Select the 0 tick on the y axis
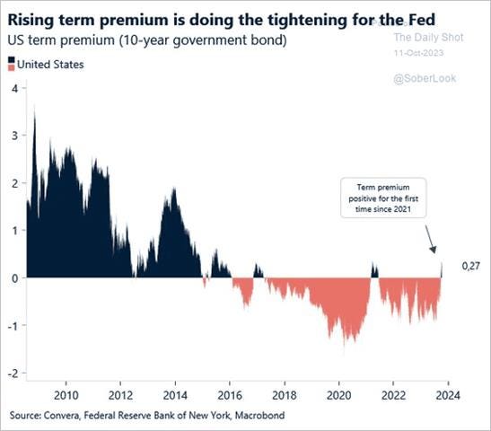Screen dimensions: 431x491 coord(14,277)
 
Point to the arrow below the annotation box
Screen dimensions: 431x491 coord(432,239)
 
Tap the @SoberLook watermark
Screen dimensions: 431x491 coord(425,79)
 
